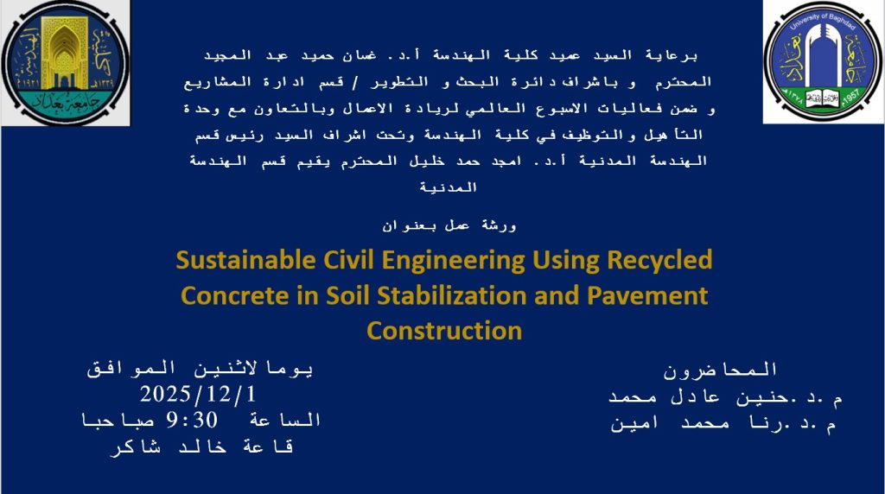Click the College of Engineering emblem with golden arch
pyautogui.click(x=64, y=63)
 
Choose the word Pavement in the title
pyautogui.click(x=647, y=295)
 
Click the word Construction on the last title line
pyautogui.click(x=444, y=330)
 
